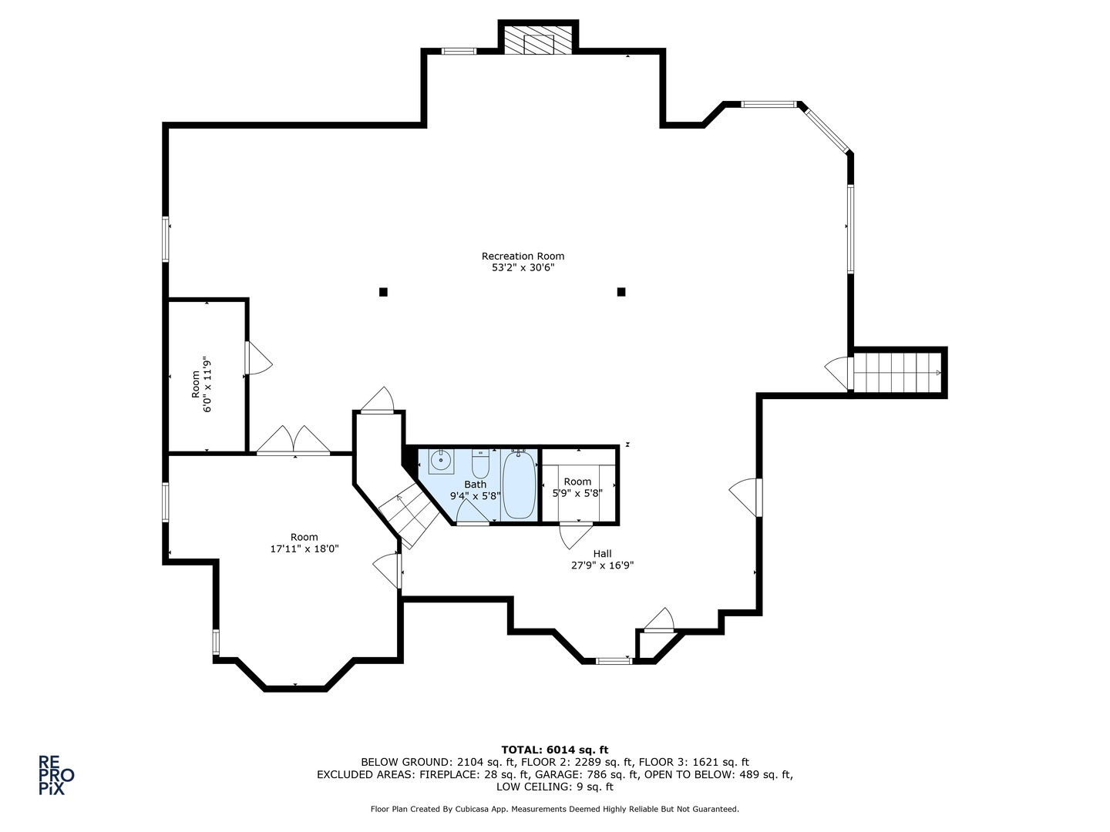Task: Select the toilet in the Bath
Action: (480, 463)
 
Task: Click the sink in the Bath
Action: (441, 461)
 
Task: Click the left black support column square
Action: (383, 292)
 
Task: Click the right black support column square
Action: (621, 292)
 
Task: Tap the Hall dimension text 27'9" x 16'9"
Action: (602, 565)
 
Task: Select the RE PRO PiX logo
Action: (56, 775)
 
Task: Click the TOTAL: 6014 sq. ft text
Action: (555, 750)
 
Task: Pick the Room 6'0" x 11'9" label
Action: (201, 384)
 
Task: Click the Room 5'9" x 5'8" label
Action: (577, 488)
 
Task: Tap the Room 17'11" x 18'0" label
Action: (304, 542)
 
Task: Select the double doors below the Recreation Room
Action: (294, 441)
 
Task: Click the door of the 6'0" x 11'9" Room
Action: (258, 358)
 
